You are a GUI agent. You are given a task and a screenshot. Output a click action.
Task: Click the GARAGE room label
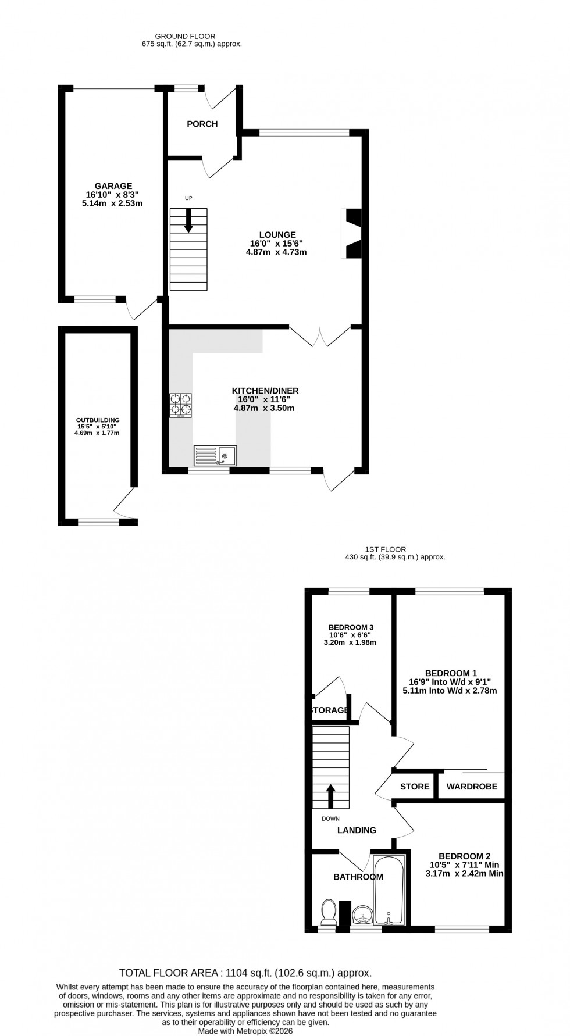(114, 186)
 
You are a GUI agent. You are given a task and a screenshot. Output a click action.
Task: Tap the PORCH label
(202, 124)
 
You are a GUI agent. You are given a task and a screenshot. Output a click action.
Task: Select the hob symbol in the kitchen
(180, 405)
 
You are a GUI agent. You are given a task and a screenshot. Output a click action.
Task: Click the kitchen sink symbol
(215, 455)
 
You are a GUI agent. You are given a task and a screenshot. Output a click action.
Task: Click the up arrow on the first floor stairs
(330, 796)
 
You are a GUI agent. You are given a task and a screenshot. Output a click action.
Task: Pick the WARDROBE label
(472, 787)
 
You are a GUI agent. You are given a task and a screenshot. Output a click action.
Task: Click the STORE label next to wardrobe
(415, 787)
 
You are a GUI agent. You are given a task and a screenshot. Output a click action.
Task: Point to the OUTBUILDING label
(98, 420)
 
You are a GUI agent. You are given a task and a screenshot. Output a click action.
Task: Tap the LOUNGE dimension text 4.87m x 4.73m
(276, 252)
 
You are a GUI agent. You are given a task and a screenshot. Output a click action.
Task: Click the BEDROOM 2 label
(464, 856)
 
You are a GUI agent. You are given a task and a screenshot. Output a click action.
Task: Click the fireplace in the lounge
(352, 233)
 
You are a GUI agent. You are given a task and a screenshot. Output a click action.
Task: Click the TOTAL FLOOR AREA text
(245, 973)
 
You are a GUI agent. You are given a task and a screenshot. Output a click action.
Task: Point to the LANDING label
(357, 830)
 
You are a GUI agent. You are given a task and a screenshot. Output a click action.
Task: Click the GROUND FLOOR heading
(191, 36)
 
